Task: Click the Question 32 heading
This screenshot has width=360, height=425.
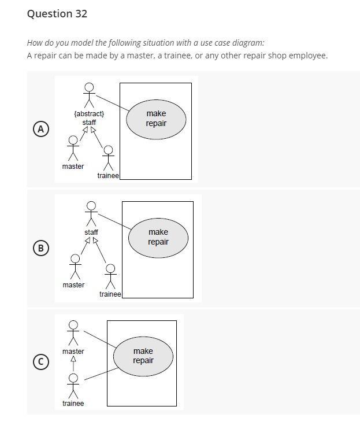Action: pos(57,14)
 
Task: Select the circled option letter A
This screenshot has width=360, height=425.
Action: pos(40,129)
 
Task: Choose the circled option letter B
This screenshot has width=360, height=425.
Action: pos(40,248)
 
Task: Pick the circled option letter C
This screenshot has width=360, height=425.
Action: pos(40,361)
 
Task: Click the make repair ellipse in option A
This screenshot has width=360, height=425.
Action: pos(156,119)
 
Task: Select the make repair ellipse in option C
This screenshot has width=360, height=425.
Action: pos(143,356)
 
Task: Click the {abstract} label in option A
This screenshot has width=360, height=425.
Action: pos(89,113)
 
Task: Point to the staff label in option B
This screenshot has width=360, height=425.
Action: pos(91,232)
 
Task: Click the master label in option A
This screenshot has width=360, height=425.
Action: pos(73,167)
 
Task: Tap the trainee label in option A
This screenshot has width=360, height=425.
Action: pos(108,175)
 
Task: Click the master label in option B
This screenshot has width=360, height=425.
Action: pos(73,284)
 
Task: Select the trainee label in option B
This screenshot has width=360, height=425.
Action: pos(110,294)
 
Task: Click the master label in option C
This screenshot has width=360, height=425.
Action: pos(73,351)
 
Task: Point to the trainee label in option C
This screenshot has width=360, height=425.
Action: pos(73,403)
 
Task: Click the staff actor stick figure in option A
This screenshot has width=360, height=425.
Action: pos(89,94)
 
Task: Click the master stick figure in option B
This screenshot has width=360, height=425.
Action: pos(74,267)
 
